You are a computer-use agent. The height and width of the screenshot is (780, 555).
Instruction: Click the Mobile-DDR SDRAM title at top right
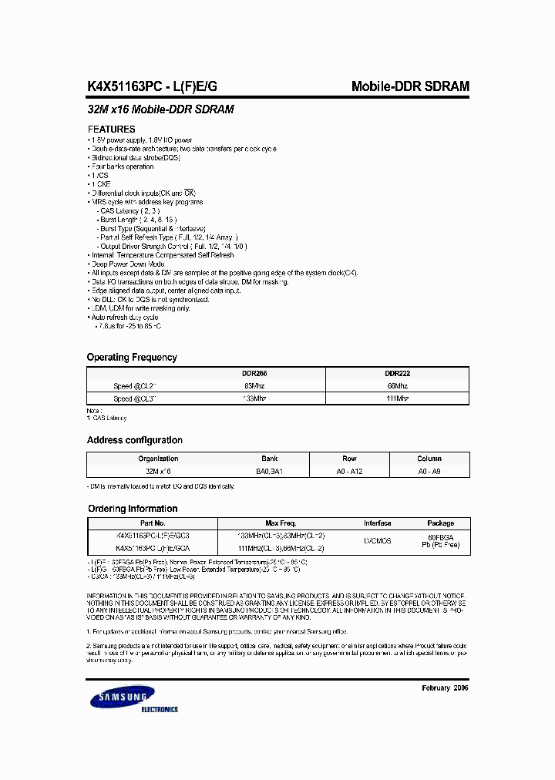410,87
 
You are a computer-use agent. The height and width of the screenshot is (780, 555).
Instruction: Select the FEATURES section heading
112,129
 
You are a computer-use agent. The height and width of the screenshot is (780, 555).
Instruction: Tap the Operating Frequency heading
132,358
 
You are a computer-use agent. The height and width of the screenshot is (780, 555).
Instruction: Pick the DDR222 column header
398,373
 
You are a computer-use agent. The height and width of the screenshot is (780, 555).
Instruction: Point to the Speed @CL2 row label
135,385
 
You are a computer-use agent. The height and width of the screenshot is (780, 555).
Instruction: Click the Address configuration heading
135,441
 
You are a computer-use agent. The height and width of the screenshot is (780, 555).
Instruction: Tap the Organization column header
158,458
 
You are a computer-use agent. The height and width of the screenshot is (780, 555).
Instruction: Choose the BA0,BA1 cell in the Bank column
270,470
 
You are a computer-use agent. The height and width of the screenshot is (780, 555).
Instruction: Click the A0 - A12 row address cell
350,470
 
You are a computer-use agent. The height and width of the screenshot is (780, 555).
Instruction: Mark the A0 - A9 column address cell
430,470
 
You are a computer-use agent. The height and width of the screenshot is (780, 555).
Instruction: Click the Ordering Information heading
132,509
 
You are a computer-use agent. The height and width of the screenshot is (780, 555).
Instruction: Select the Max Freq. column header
281,523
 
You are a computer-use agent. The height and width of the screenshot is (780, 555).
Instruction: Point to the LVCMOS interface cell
378,541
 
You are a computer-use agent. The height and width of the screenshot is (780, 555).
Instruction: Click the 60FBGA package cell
441,536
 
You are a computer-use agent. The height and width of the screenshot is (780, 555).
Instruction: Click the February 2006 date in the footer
445,688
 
